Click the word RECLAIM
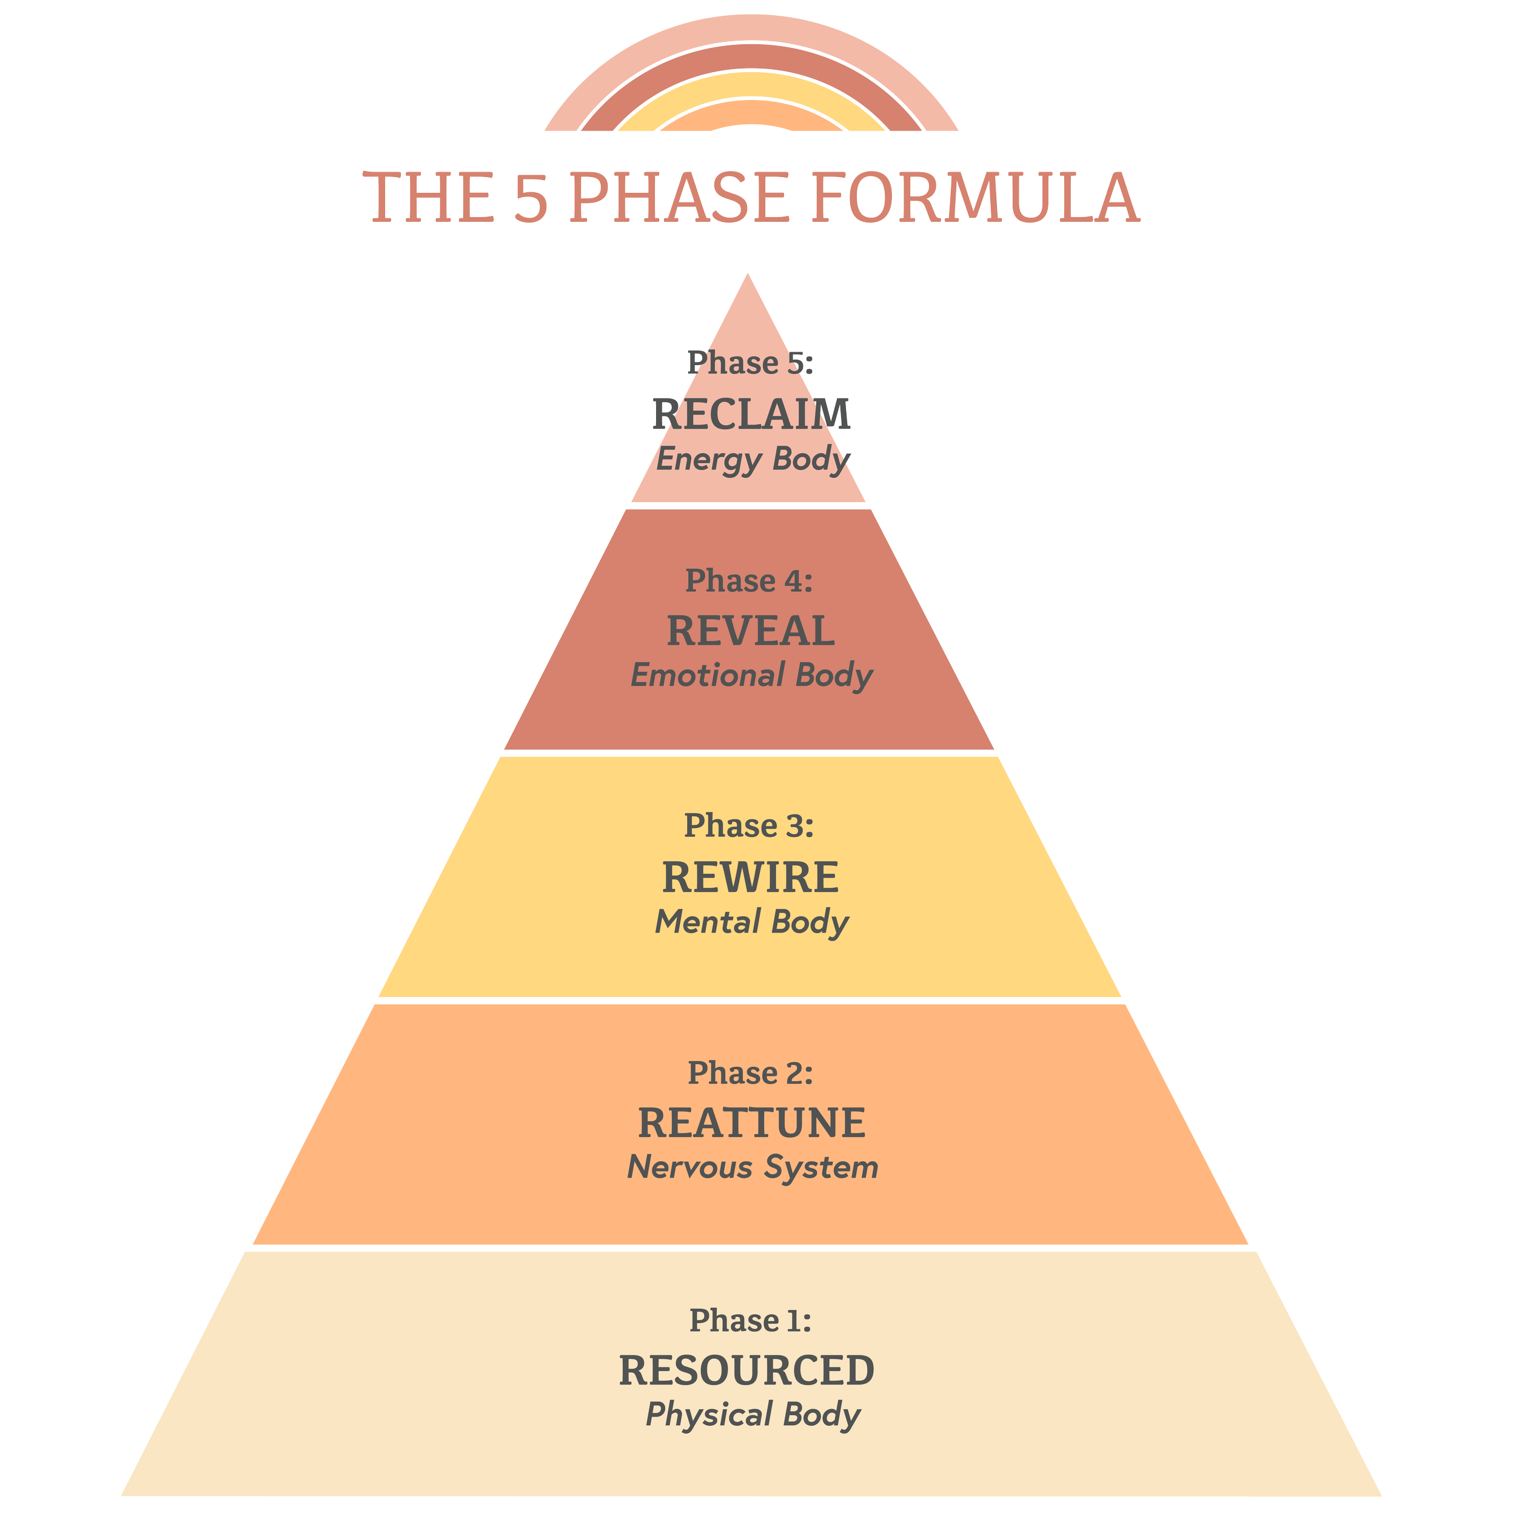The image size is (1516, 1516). (x=751, y=414)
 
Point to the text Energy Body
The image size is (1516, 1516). (x=753, y=460)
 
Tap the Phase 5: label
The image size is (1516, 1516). (x=750, y=363)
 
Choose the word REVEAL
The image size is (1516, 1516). (x=751, y=631)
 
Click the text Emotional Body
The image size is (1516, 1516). (x=752, y=676)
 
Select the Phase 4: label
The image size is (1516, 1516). (x=750, y=581)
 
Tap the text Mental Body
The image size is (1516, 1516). (x=752, y=922)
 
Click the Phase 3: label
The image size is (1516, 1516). (x=750, y=825)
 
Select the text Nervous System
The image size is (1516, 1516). (x=753, y=1167)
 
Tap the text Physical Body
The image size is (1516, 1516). (x=753, y=1415)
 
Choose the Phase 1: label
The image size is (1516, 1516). (x=750, y=1321)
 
